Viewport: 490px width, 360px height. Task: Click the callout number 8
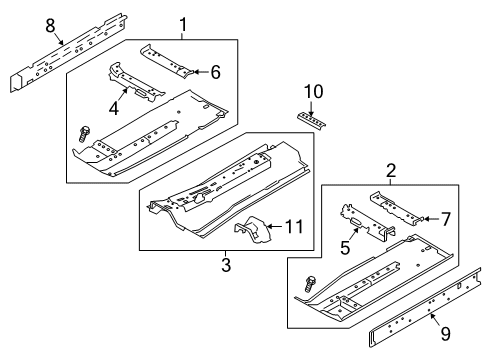(50, 26)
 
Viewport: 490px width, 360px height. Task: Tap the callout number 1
(183, 24)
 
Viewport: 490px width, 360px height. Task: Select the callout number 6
(216, 72)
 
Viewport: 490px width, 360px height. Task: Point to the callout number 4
(114, 108)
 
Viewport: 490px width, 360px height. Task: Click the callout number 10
(314, 92)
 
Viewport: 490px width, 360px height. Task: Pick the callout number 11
(294, 227)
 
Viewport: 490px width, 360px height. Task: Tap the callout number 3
(226, 265)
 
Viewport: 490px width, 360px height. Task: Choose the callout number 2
(391, 170)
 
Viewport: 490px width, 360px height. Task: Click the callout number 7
(446, 219)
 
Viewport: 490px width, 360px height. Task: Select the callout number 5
(345, 248)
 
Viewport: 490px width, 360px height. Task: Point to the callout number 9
(446, 334)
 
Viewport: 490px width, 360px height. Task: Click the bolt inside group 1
(83, 134)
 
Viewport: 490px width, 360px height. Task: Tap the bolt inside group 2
(310, 284)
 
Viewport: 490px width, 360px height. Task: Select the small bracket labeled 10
(311, 121)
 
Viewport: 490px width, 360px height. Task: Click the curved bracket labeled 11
(255, 230)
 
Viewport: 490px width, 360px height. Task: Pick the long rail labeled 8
(69, 53)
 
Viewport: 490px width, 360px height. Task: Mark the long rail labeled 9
(425, 308)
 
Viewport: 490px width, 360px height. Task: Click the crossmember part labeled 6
(167, 61)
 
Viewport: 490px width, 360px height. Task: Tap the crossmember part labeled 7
(397, 207)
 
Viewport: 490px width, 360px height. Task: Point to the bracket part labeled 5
(367, 223)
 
